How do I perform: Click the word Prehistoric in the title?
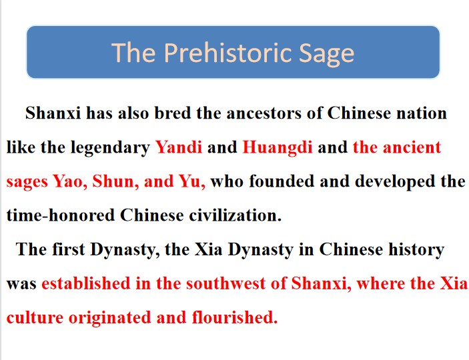[228, 53]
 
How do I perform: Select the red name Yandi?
[179, 147]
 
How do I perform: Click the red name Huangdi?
[278, 148]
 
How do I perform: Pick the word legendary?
[110, 148]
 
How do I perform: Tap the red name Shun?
[115, 181]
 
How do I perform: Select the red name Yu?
[192, 181]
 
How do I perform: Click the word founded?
[282, 181]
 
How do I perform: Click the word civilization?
[235, 215]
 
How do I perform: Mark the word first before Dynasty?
[69, 249]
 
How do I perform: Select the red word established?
[86, 283]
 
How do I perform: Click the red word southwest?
[225, 283]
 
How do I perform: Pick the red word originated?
[110, 318]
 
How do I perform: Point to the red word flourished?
[235, 317]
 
